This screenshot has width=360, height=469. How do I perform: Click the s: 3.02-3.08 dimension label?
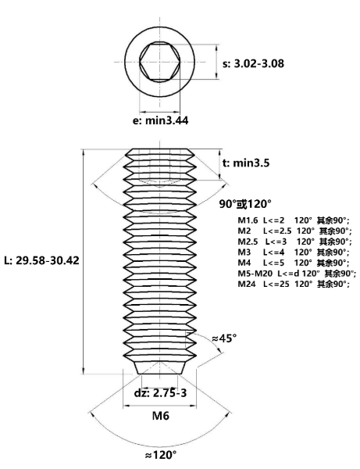click(253, 63)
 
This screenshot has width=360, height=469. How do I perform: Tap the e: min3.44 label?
click(160, 120)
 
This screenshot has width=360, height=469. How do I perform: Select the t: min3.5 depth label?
click(246, 163)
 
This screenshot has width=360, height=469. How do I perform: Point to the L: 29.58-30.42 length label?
click(42, 260)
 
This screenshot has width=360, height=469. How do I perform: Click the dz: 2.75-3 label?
click(160, 392)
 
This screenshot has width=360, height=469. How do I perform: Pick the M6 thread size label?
click(161, 416)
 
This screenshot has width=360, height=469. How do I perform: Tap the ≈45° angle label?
click(224, 338)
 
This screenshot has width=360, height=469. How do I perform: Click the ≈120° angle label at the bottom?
click(160, 455)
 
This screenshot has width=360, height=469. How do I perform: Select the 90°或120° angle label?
click(245, 204)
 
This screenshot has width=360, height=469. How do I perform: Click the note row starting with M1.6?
click(294, 220)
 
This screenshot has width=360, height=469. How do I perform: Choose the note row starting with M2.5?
click(294, 242)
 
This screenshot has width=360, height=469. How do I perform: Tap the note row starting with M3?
click(294, 252)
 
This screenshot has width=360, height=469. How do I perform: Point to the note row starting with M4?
click(294, 263)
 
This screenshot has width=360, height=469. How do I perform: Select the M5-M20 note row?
click(297, 274)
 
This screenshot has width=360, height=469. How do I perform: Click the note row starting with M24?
click(294, 284)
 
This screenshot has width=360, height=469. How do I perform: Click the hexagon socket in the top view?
click(160, 62)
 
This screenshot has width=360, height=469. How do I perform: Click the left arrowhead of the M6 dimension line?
click(127, 406)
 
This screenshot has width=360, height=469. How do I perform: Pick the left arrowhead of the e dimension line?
click(143, 112)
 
